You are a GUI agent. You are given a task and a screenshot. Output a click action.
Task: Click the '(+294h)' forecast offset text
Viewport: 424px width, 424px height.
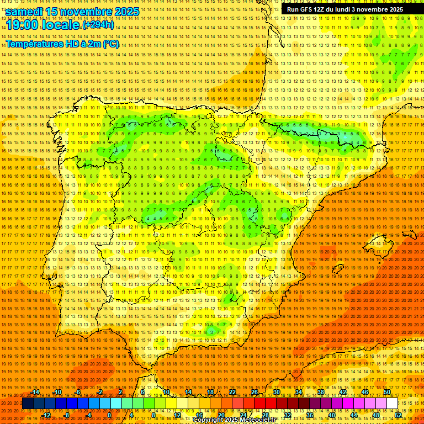[98, 25]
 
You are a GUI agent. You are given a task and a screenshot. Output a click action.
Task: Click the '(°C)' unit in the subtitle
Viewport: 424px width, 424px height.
[110, 44]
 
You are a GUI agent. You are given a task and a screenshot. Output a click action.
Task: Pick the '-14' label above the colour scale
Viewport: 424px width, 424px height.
[36, 392]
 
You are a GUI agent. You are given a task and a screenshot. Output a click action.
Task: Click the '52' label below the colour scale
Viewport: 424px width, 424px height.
[398, 415]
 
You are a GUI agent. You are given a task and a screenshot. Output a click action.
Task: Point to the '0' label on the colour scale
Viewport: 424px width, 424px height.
[110, 415]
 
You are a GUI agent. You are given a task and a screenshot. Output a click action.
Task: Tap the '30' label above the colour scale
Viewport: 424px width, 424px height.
[277, 392]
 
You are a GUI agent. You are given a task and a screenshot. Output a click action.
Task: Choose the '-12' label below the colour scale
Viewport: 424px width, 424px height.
[46, 415]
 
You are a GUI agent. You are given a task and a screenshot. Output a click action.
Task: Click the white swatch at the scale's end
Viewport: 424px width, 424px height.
[392, 404]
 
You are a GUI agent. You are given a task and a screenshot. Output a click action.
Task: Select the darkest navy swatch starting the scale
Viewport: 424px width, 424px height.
[28, 404]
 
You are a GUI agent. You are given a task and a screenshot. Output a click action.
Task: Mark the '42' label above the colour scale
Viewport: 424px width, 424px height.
[343, 392]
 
